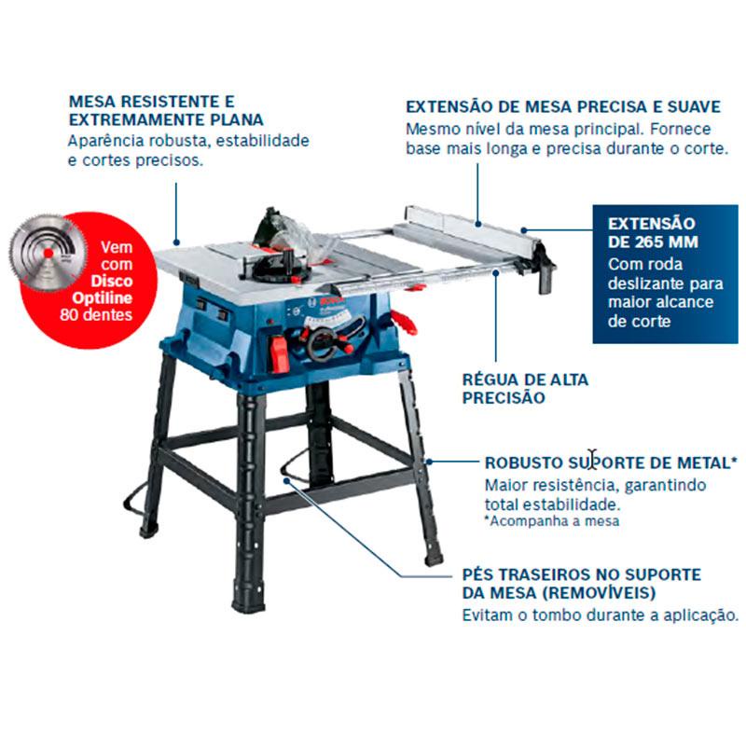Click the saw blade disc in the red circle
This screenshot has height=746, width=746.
48,252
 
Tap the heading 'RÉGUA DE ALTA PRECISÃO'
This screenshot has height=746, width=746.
525,388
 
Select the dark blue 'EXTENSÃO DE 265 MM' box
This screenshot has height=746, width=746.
665,273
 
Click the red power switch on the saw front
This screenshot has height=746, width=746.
278,353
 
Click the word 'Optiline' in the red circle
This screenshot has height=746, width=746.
102,298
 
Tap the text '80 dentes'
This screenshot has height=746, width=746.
96,314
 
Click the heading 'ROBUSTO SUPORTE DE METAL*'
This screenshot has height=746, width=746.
611,463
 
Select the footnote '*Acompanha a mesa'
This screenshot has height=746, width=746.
552,521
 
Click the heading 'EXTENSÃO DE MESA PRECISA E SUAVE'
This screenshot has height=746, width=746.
563,106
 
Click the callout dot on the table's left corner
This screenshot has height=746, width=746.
176,242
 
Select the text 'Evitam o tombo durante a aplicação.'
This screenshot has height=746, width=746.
601,615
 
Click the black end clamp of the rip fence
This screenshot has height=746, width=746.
546,270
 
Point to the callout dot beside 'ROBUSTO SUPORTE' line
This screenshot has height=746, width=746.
429,462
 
